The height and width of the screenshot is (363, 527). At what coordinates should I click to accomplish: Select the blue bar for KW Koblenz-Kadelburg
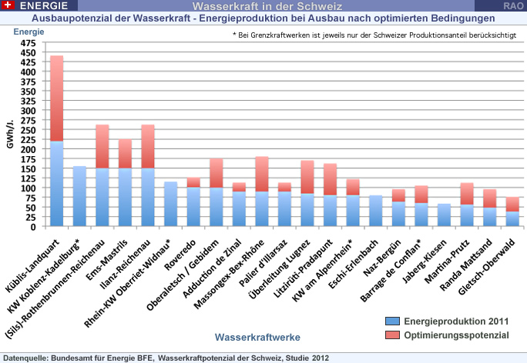79,196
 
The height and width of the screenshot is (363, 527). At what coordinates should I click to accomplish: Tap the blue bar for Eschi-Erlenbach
375,211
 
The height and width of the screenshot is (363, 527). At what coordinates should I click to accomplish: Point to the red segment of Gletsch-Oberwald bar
511,204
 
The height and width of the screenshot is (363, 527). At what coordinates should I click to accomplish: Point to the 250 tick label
29,131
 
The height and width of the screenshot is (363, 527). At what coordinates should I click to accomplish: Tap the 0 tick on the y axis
32,227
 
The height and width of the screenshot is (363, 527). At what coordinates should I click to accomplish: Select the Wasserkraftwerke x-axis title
258,337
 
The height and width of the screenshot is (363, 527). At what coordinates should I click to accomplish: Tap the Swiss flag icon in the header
8,5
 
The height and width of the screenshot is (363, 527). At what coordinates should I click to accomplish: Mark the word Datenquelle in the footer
27,357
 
